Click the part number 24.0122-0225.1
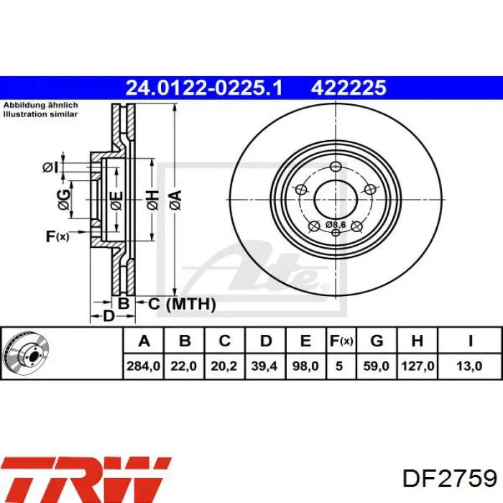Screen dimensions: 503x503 point(204,88)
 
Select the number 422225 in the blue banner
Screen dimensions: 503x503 point(349,88)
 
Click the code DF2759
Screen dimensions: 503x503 point(449,479)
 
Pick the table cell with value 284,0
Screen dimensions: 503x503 point(144,366)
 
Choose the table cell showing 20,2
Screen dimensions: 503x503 point(223,366)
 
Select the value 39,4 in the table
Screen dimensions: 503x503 point(264,366)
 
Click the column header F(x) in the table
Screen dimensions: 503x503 point(341,341)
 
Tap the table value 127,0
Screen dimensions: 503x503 point(417,366)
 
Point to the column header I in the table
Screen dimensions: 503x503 point(470,341)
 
